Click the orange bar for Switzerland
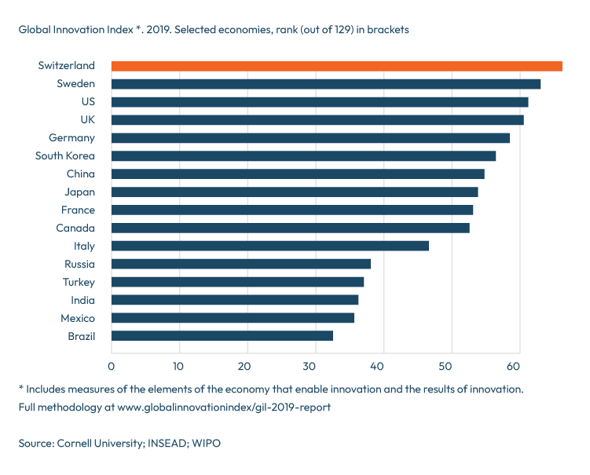[336, 66]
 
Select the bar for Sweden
[325, 84]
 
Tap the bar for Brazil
[222, 336]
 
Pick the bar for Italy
[269, 246]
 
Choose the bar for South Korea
[303, 155]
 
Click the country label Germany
[71, 137]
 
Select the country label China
[80, 174]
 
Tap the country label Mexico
[78, 318]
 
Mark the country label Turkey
[79, 282]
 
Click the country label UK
[87, 119]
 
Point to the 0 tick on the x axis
[112, 366]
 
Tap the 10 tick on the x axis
[178, 366]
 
